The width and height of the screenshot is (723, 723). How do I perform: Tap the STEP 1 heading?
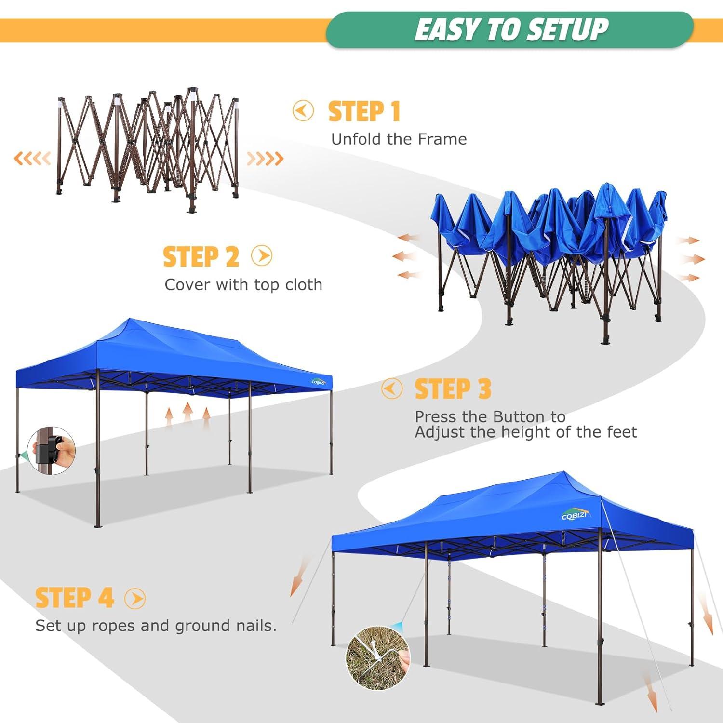364,111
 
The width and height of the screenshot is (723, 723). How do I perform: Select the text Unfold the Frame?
399,139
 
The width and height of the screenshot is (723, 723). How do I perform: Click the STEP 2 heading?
201,256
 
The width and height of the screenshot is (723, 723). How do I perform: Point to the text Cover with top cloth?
243,285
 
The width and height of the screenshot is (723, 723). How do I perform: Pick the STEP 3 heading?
453,389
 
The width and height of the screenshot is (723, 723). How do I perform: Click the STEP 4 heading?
74,598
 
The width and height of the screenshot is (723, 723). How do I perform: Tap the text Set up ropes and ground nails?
156,626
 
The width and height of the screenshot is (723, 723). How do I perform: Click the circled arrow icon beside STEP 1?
303,111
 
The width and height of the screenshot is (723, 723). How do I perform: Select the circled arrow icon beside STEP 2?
262,256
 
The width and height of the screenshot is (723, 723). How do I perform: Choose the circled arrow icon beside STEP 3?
391,388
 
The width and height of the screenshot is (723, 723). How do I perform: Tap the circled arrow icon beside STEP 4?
135,598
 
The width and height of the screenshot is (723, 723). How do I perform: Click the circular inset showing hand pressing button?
52,450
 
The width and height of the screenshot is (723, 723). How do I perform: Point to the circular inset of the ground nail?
377,658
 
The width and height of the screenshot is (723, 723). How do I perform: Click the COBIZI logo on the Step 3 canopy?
319,382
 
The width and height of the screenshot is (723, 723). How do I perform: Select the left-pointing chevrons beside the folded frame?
32,158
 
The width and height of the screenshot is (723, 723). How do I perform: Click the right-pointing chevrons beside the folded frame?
265,158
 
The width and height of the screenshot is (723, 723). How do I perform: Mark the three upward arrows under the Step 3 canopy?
187,416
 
